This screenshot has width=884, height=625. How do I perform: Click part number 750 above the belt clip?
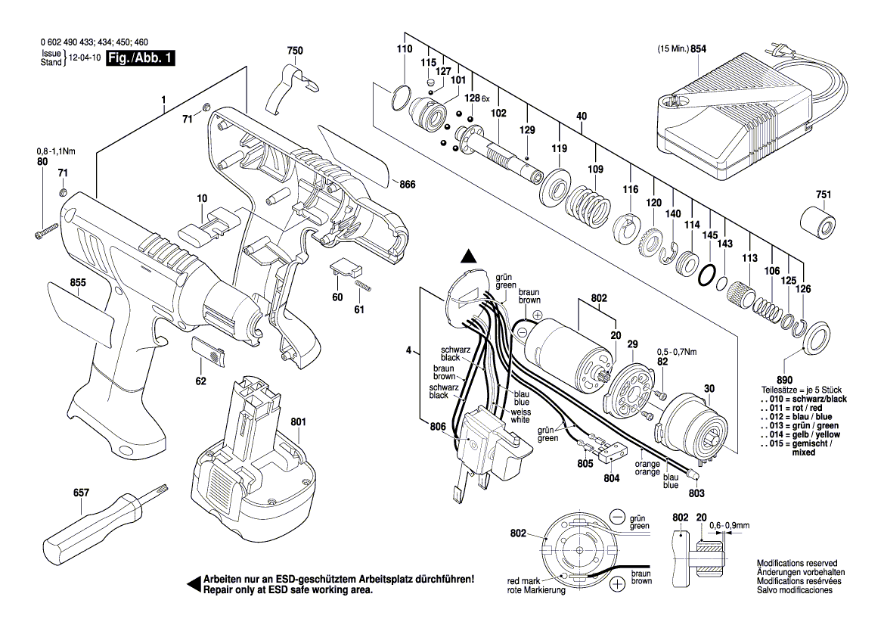295,51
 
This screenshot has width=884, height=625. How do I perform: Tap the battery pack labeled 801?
250,469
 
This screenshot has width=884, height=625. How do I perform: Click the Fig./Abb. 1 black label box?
141,59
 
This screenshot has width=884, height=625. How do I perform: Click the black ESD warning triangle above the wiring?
470,257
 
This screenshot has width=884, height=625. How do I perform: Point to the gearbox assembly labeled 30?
692,428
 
